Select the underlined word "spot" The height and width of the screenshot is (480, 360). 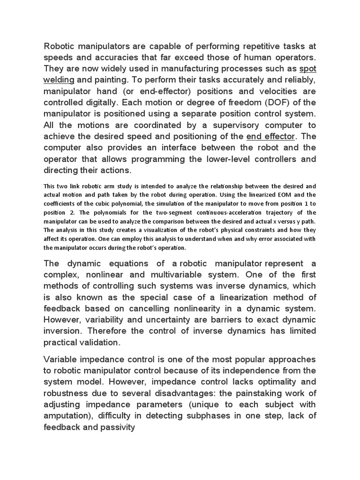tap(307, 68)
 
